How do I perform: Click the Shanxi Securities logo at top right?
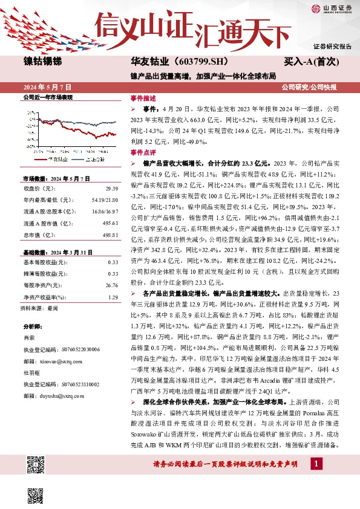tap(331, 8)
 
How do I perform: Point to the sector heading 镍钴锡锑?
tap(42, 61)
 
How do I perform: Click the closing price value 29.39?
tap(111, 189)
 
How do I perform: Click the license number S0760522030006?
tap(70, 349)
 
